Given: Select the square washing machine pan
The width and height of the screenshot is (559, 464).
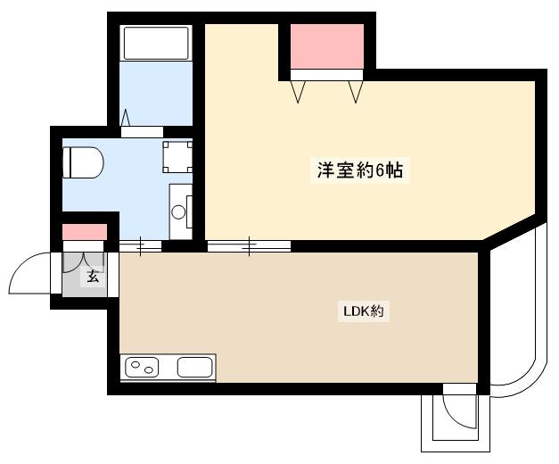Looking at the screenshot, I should pyautogui.click(x=177, y=157).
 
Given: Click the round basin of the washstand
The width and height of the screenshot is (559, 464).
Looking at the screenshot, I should pyautogui.click(x=178, y=212).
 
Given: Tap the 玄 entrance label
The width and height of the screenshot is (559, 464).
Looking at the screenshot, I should pyautogui.click(x=93, y=277).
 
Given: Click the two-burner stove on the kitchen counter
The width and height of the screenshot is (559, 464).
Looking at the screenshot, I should pyautogui.click(x=143, y=367).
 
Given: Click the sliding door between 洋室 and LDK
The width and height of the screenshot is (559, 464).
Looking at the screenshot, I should pyautogui.click(x=249, y=244).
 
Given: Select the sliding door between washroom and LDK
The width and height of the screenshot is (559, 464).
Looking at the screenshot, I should pyautogui.click(x=140, y=245).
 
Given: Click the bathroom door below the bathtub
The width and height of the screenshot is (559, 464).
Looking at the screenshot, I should pyautogui.click(x=143, y=130).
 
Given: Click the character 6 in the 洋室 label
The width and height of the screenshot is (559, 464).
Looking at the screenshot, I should pyautogui.click(x=381, y=170).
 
